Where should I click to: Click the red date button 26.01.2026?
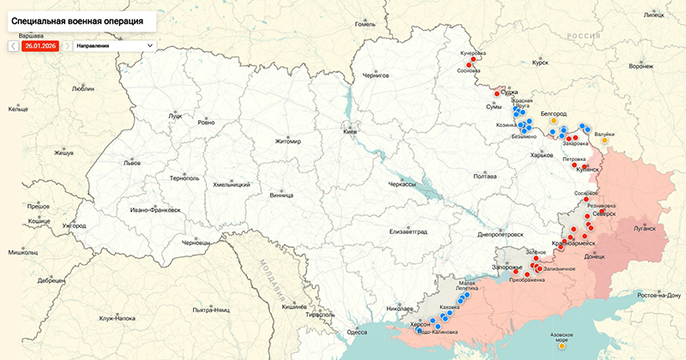pyautogui.click(x=40, y=45)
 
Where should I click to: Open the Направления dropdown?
pyautogui.click(x=114, y=45)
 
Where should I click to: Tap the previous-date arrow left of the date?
pyautogui.click(x=14, y=45)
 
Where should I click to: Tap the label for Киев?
pyautogui.click(x=350, y=132)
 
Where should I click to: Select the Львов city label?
pyautogui.click(x=132, y=162)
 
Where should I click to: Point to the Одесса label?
pyautogui.click(x=357, y=332)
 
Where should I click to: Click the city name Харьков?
pyautogui.click(x=542, y=155)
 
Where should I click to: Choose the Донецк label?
pyautogui.click(x=594, y=256)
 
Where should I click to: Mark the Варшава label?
pyautogui.click(x=31, y=35)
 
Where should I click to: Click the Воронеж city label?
pyautogui.click(x=641, y=66)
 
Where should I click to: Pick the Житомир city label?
pyautogui.click(x=288, y=141)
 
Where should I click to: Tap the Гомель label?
pyautogui.click(x=365, y=24)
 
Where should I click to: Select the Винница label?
pyautogui.click(x=280, y=195)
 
